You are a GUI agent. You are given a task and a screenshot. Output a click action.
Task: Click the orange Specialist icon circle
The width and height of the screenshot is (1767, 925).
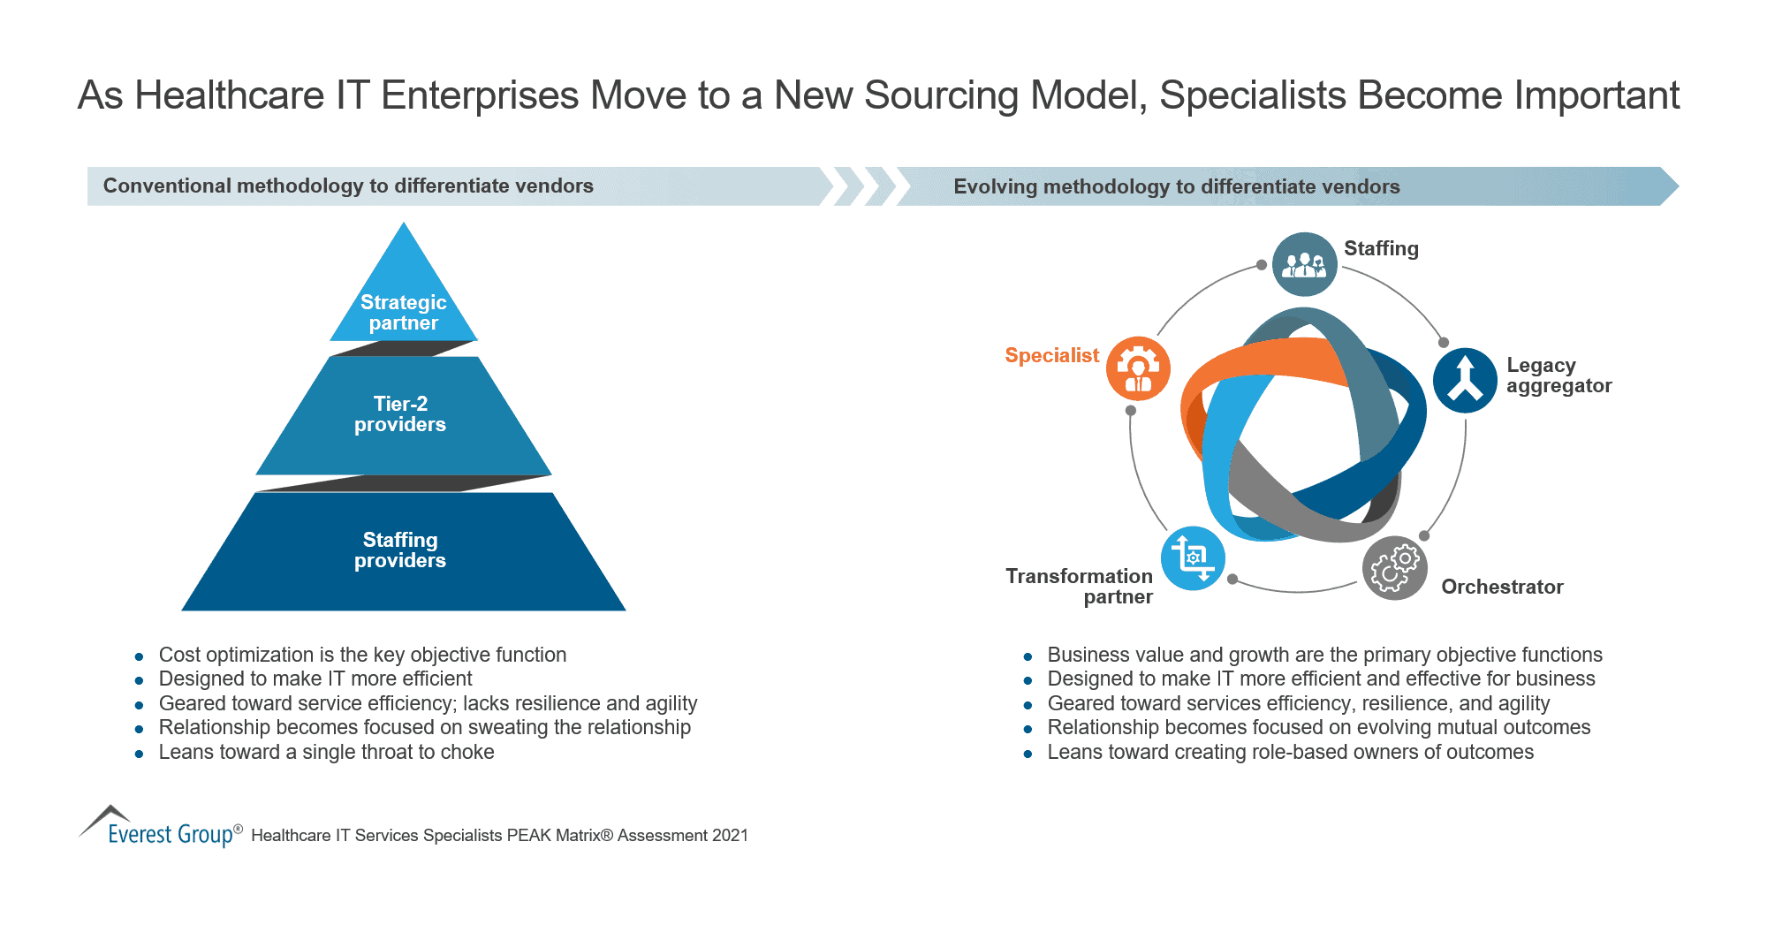pyautogui.click(x=1138, y=368)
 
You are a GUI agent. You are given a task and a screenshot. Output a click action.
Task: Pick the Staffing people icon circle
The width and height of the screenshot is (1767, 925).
pyautogui.click(x=1304, y=264)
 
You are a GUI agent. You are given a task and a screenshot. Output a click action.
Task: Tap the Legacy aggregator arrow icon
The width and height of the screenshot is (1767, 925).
pyautogui.click(x=1465, y=380)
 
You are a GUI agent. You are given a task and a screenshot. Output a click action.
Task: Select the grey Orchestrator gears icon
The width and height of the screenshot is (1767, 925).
pyautogui.click(x=1394, y=568)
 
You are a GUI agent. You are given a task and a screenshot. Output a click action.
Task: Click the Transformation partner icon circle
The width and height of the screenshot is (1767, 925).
pyautogui.click(x=1193, y=558)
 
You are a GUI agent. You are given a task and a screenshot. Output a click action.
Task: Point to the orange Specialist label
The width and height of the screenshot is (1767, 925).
pyautogui.click(x=1051, y=355)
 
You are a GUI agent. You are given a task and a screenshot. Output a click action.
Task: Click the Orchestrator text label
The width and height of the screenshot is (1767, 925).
pyautogui.click(x=1502, y=587)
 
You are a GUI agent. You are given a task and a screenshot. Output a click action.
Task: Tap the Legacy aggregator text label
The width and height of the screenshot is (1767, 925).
pyautogui.click(x=1558, y=375)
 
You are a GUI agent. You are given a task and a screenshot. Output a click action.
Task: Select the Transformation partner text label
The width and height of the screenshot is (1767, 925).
pyautogui.click(x=1080, y=586)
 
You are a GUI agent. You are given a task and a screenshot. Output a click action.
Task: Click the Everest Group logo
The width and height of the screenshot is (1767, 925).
pyautogui.click(x=159, y=828)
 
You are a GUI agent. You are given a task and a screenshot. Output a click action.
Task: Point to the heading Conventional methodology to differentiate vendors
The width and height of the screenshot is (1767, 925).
pyautogui.click(x=348, y=186)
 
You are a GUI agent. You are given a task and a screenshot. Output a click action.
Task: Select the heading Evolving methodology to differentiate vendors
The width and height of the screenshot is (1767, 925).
pyautogui.click(x=1176, y=186)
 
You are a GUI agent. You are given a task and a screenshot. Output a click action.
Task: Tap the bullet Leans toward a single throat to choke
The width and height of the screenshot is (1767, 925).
pyautogui.click(x=326, y=752)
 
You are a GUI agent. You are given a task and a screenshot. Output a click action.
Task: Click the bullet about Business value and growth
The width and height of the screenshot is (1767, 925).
pyautogui.click(x=1323, y=655)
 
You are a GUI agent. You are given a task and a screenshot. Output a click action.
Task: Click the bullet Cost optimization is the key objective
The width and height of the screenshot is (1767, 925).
pyautogui.click(x=362, y=655)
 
